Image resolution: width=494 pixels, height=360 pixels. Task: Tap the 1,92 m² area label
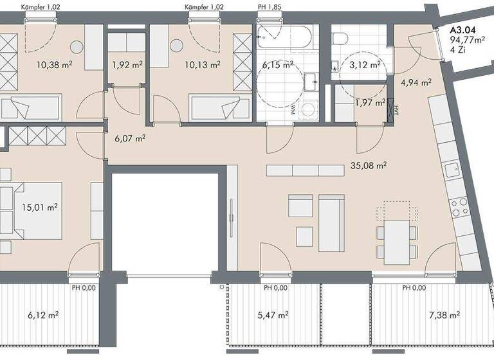126,64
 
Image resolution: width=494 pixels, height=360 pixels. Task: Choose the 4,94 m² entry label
415,82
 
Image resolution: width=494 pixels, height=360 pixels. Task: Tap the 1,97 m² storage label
369,102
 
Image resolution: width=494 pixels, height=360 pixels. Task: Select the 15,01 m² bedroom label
39,207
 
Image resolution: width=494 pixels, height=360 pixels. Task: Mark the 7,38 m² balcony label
444,315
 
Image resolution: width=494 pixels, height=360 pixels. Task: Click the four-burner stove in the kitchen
460,207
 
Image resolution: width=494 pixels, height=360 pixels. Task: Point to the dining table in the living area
397,242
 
